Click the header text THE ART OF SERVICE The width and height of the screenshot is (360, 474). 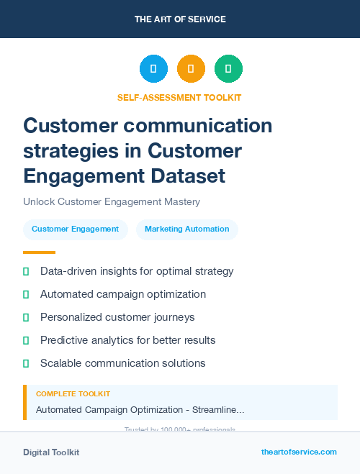(x=180, y=19)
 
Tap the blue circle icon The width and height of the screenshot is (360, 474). (x=153, y=69)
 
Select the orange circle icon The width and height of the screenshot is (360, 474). (x=191, y=69)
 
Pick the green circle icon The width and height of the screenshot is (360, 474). (x=228, y=69)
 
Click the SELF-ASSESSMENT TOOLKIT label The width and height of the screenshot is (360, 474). (x=179, y=97)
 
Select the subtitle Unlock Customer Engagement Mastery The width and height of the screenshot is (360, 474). (x=111, y=202)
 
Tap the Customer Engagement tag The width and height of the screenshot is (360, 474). (x=75, y=229)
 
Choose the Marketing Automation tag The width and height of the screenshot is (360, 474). (x=186, y=229)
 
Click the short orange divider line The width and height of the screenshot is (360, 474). (x=39, y=252)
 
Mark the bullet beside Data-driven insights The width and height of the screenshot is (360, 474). (x=26, y=271)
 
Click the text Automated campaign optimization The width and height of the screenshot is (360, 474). (x=123, y=294)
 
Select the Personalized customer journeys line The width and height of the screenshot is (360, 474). (x=117, y=317)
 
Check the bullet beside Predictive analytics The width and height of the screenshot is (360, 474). (x=26, y=340)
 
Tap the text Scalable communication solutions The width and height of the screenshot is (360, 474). (x=123, y=363)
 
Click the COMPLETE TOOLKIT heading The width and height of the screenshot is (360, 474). (x=73, y=394)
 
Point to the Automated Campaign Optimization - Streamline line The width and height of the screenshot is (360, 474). (x=140, y=410)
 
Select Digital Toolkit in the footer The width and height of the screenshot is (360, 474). (x=51, y=452)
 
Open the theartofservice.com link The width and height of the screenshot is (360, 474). (x=299, y=452)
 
